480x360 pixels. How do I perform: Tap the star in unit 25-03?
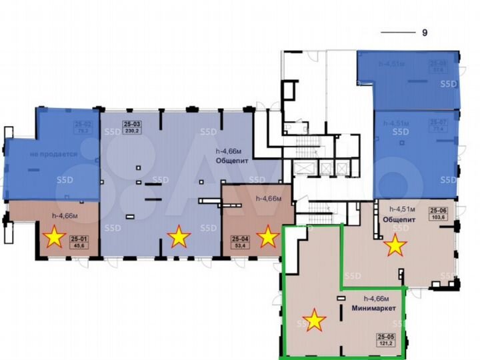pos(178,236)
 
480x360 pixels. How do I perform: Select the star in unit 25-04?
pos(268,236)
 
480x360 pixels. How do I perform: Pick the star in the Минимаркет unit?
pos(314,321)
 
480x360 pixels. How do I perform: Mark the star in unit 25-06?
pos(395,245)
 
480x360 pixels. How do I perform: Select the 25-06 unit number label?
pos(439,211)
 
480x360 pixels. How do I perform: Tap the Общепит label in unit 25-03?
pos(228,161)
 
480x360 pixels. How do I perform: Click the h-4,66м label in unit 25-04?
pos(269,198)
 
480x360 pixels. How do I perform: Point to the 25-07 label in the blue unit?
pos(438,123)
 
